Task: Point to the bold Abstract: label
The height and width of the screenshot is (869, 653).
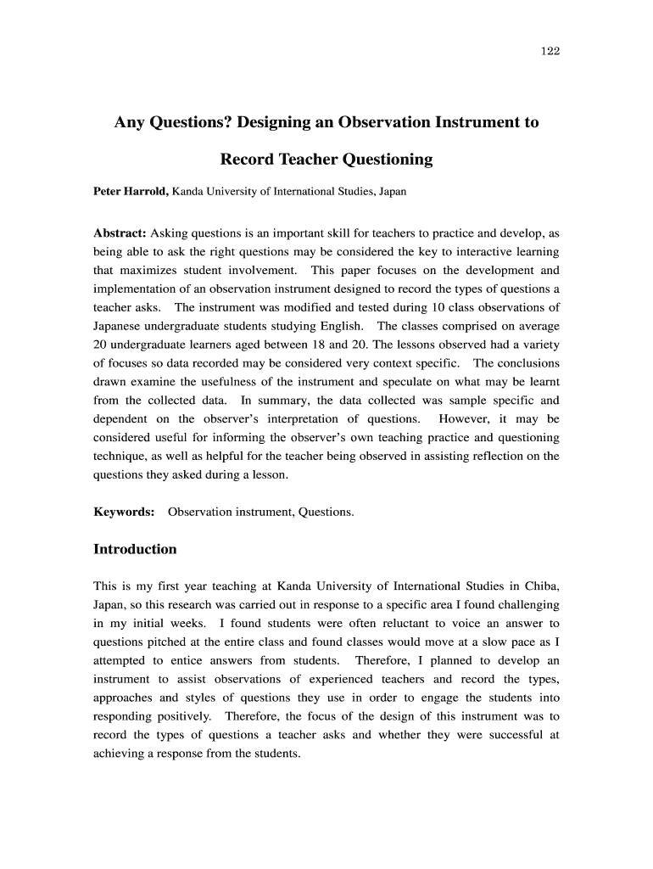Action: pos(120,233)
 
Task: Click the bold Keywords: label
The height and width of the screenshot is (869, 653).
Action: pos(123,513)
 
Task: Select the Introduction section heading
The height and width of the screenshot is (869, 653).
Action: pos(135,550)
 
